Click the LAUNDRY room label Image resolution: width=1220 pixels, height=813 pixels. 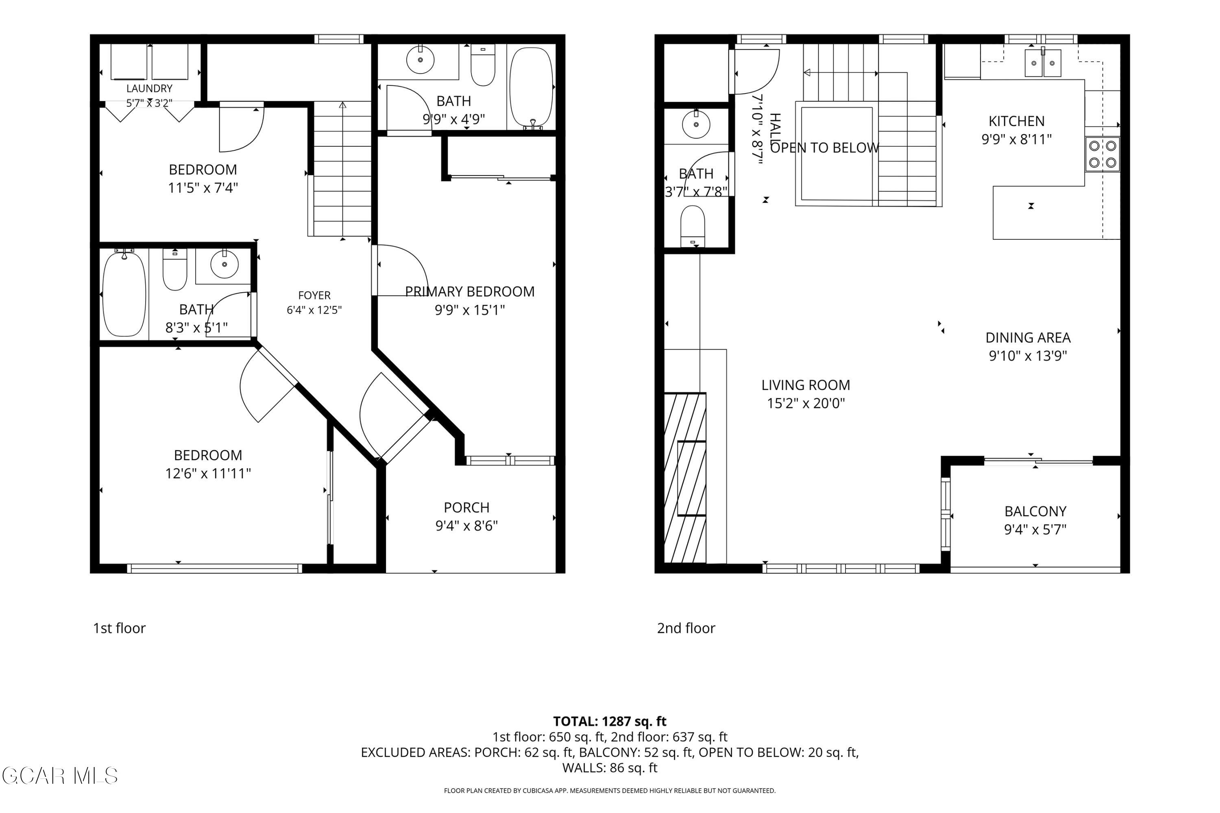(149, 89)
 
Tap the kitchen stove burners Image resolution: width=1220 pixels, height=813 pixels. (1102, 154)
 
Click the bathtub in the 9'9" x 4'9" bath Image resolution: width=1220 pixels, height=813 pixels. (532, 88)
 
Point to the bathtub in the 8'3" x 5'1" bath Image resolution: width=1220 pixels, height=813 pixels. (124, 293)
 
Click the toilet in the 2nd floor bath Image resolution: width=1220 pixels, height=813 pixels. (693, 226)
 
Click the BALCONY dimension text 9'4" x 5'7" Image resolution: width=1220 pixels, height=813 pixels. (1035, 529)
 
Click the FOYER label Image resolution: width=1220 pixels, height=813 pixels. (314, 296)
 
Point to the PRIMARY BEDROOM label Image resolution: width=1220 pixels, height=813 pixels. (470, 291)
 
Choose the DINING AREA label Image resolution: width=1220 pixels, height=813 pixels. (1028, 337)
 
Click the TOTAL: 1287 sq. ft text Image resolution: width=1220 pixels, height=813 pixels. (610, 721)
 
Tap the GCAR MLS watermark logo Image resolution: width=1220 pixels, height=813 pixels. (60, 776)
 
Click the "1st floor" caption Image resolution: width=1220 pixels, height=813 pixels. (119, 628)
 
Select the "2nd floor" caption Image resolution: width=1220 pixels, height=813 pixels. (686, 628)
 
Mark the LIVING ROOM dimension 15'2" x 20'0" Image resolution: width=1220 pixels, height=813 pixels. (806, 403)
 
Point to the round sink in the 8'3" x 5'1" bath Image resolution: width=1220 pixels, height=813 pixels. (224, 264)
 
